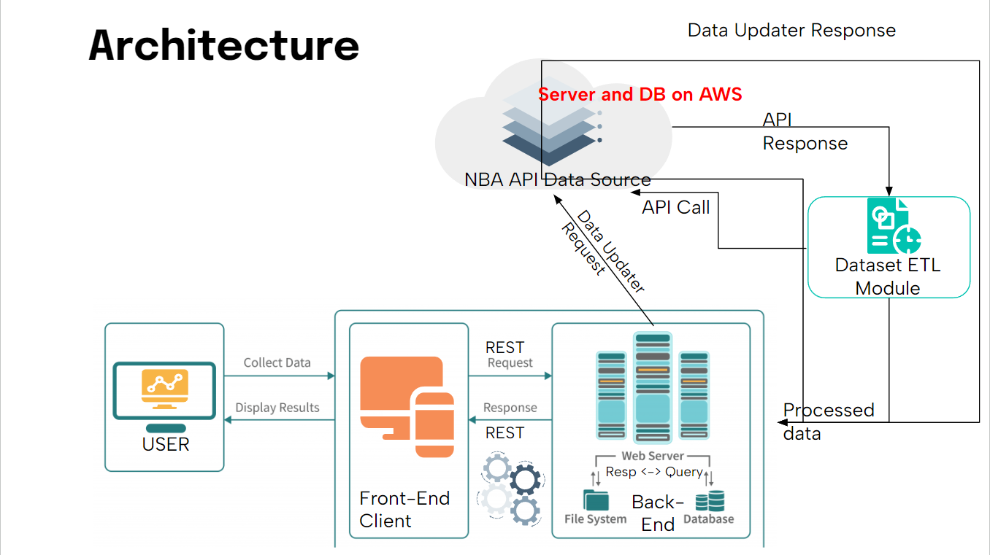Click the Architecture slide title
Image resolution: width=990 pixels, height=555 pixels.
[224, 45]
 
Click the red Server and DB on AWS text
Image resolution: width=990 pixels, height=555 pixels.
[640, 94]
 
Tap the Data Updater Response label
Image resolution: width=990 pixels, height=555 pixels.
[791, 31]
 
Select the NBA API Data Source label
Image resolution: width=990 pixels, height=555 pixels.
[557, 179]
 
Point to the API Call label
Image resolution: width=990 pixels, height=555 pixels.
[675, 207]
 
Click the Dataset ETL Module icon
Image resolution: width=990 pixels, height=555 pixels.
[893, 226]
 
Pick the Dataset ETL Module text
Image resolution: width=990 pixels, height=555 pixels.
[888, 276]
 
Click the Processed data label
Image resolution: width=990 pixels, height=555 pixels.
[828, 422]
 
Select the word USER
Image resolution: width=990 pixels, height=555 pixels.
[166, 444]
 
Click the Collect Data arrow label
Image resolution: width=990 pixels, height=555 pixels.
[277, 362]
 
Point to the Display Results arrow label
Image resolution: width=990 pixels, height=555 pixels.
[277, 408]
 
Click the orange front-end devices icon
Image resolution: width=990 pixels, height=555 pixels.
[407, 405]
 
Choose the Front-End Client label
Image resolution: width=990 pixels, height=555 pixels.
[404, 509]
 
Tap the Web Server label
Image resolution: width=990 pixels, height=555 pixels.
[653, 456]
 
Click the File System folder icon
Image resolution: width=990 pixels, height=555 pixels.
[596, 500]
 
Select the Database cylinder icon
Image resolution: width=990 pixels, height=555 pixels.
[710, 501]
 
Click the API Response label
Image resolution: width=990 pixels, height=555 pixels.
[805, 132]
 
